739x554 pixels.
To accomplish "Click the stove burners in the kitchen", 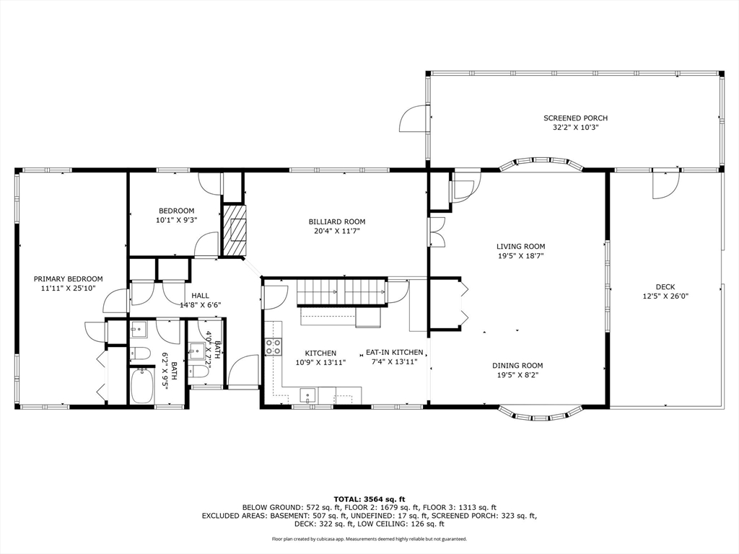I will coord(274,346).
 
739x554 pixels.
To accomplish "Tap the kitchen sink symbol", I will coord(307,395).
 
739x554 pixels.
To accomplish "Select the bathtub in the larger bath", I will coord(142,386).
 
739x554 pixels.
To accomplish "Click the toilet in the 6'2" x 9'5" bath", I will coord(141,353).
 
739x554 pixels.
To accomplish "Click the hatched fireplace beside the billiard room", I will coord(233,230).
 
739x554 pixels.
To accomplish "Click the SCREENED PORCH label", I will coord(575,118).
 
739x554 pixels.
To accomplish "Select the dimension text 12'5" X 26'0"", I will coord(665,296).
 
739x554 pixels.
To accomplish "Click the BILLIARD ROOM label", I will coord(336,221).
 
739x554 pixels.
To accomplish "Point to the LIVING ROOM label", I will coord(520,246).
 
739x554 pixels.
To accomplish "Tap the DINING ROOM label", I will coord(517,365).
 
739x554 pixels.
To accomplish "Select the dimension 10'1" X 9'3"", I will coord(176,220).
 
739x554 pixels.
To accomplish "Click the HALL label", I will coord(200,295).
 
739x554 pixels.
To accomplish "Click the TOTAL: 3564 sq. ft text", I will coord(369,499).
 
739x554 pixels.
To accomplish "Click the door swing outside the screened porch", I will coord(413,118).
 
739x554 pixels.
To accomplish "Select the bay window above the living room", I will coord(542,163).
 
